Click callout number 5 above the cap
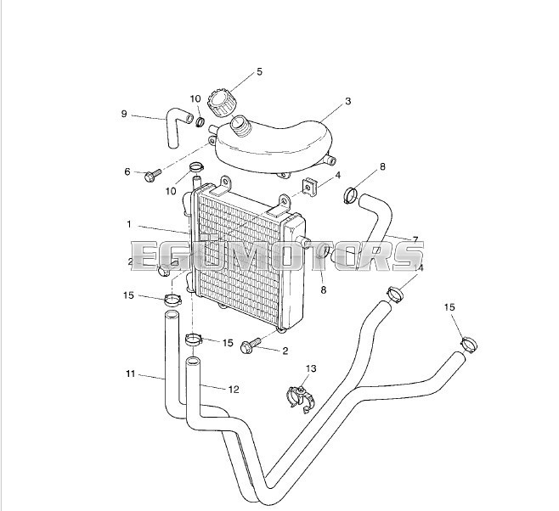(x=259, y=72)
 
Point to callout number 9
(x=124, y=114)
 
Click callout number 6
(x=127, y=172)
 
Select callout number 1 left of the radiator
(x=129, y=225)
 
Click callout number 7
(x=415, y=239)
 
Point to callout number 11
(x=130, y=373)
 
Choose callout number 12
(x=234, y=389)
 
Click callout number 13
(x=311, y=368)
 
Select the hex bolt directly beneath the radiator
(x=251, y=345)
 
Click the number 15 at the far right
(x=450, y=307)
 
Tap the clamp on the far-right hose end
(x=467, y=345)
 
